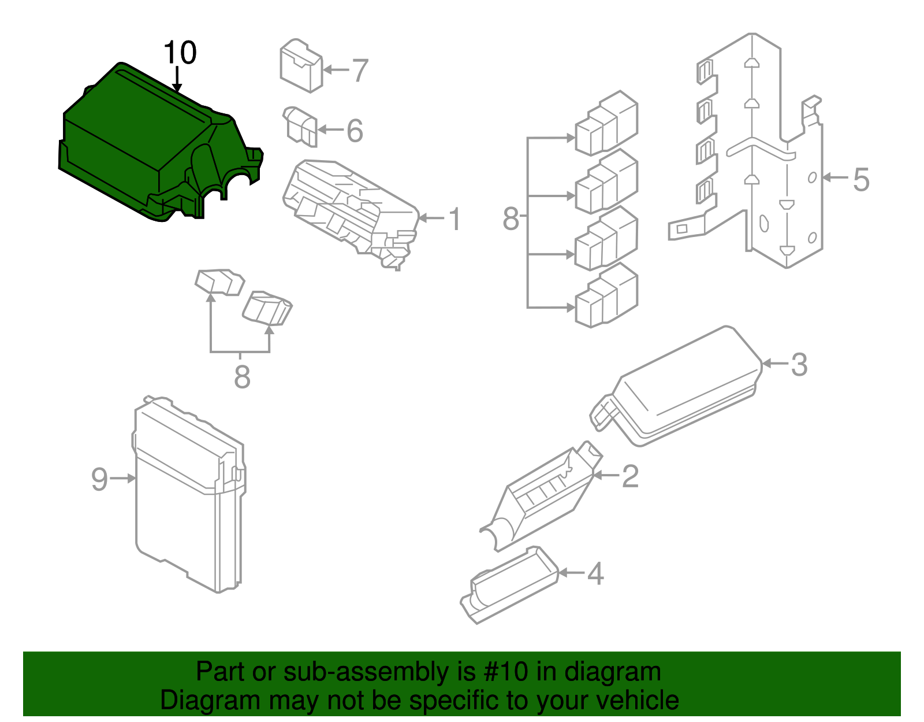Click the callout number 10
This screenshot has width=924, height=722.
180,53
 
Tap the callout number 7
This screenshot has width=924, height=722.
360,71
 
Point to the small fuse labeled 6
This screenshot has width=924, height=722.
300,126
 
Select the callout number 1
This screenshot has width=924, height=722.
456,220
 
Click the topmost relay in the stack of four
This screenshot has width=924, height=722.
606,123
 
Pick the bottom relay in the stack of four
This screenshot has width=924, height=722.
606,296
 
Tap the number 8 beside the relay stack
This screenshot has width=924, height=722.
511,219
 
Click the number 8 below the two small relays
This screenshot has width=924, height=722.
242,377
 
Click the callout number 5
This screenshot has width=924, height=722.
861,179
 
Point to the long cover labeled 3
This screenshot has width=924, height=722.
687,387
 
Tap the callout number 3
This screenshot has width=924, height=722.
799,365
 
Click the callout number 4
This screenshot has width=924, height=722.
595,574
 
